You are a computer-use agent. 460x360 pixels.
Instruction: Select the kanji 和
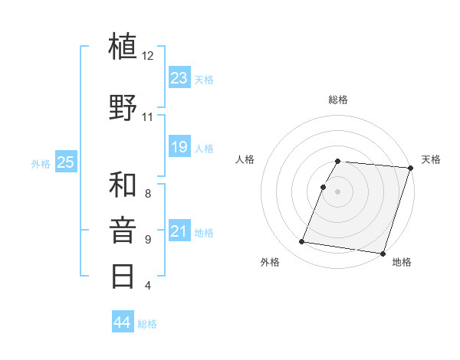pos(123,185)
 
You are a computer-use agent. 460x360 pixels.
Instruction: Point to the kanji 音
pos(123,230)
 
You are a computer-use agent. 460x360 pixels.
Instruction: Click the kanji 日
pos(123,276)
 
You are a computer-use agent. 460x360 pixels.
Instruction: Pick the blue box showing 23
pos(179,78)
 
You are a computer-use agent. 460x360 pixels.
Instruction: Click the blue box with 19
pos(179,147)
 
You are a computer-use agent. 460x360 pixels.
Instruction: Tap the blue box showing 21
pos(179,231)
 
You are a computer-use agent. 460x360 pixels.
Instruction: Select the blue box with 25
pos(66,162)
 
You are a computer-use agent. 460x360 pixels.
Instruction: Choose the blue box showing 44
pos(123,322)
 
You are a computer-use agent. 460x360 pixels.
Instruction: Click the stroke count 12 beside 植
pos(148,56)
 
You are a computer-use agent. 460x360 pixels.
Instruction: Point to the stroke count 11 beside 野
pos(147,117)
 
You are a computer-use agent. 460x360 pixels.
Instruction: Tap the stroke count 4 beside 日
pos(147,286)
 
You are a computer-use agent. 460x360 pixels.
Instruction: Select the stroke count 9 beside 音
pos(147,240)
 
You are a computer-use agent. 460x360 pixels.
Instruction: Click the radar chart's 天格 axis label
pos(431,159)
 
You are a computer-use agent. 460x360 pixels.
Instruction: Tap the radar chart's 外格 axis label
pos(270,262)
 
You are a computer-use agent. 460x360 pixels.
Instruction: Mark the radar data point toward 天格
pos(410,168)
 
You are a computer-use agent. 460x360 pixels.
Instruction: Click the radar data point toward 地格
pos(383,253)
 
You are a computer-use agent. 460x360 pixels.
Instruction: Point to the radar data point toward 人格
pos(324,187)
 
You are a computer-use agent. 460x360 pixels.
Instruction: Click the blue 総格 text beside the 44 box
pos(147,324)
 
